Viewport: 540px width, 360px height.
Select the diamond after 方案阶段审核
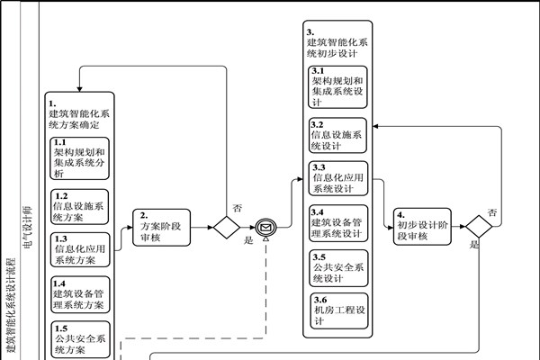[x=224, y=227]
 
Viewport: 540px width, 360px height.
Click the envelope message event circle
[x=265, y=227]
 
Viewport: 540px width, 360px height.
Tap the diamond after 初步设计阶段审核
[x=477, y=227]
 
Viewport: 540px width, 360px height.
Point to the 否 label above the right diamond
[x=492, y=211]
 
